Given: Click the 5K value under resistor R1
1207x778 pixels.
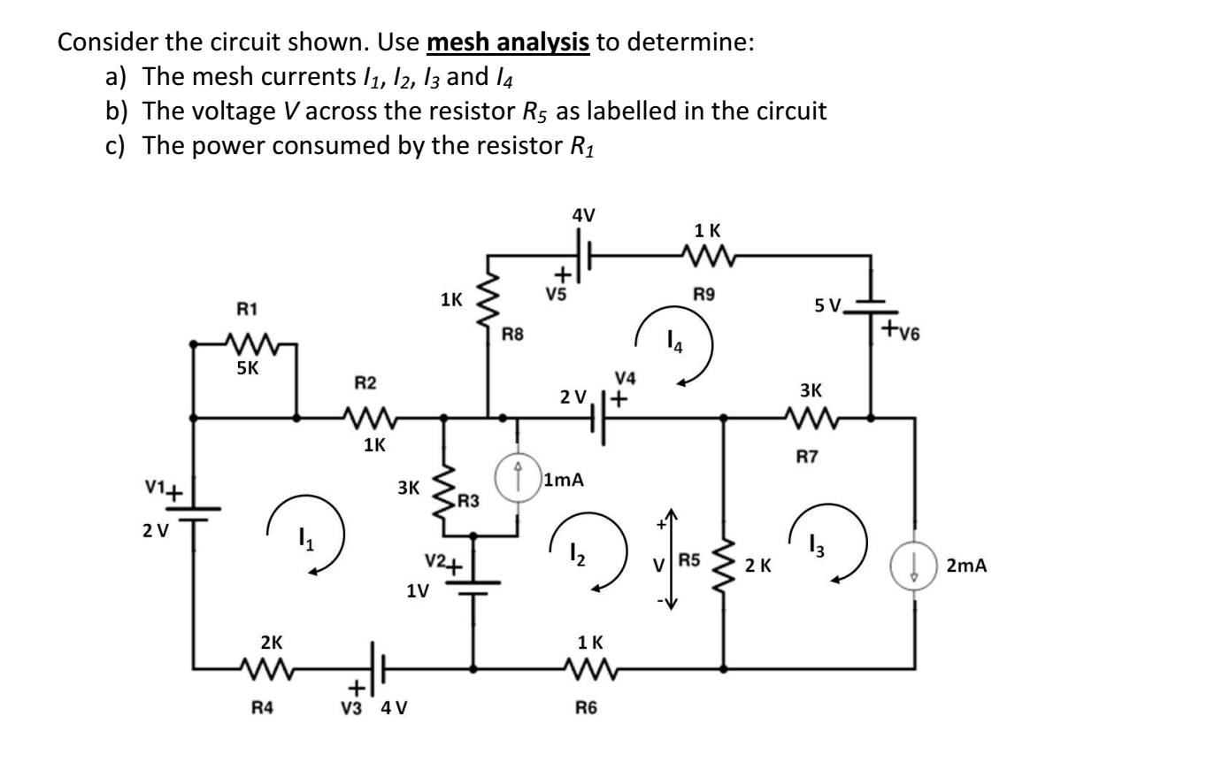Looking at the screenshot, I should click(x=248, y=369).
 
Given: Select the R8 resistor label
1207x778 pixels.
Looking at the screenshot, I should click(x=513, y=334).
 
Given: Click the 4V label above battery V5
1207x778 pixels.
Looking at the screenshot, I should click(x=583, y=214).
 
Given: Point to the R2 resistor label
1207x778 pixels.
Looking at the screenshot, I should click(x=365, y=382).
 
